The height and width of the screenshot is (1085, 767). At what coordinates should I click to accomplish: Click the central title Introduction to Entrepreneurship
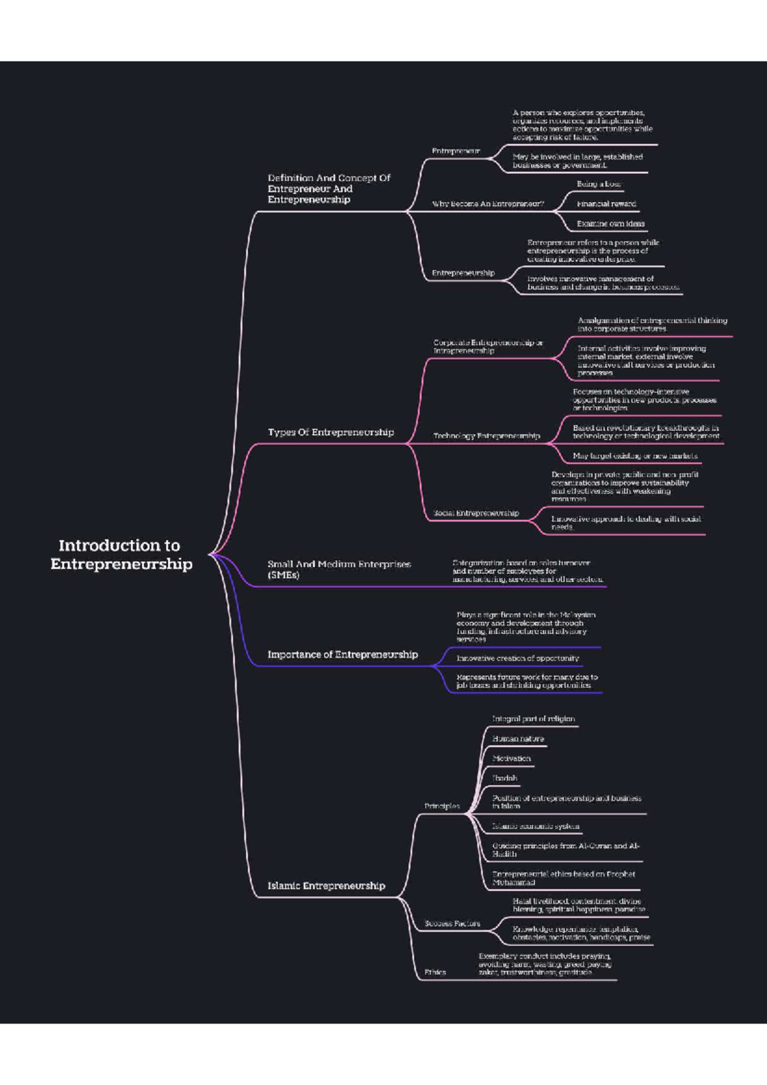[121, 555]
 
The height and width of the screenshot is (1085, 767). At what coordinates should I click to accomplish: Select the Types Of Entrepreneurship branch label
[330, 433]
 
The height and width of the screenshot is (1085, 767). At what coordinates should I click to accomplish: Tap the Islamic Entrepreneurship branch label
[326, 886]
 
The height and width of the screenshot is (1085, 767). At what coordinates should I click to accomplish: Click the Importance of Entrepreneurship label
[342, 654]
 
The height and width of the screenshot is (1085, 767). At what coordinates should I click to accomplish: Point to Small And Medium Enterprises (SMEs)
[338, 569]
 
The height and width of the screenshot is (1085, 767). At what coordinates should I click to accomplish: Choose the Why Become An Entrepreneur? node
[488, 204]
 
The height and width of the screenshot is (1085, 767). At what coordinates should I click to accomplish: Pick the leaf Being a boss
[598, 184]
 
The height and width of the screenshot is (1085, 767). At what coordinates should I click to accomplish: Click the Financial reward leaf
[606, 204]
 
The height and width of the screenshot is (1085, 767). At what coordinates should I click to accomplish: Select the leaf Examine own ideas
[610, 224]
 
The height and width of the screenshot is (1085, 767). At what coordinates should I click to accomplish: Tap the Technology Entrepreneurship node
[486, 436]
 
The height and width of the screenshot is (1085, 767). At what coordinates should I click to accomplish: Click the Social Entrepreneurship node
[476, 513]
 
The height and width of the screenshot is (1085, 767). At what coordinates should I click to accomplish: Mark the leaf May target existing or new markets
[635, 456]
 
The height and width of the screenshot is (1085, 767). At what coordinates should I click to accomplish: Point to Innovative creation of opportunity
[518, 658]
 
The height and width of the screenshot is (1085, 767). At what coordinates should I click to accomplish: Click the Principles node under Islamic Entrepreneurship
[442, 806]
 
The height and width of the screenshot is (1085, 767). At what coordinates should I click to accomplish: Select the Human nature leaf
[518, 739]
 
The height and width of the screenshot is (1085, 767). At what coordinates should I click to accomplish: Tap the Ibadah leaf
[504, 778]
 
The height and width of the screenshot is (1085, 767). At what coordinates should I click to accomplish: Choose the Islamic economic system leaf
[536, 826]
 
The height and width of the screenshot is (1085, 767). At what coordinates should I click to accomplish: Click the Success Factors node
[452, 923]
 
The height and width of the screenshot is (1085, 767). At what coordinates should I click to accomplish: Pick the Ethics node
[435, 972]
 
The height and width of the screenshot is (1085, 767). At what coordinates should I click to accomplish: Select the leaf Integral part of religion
[533, 719]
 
